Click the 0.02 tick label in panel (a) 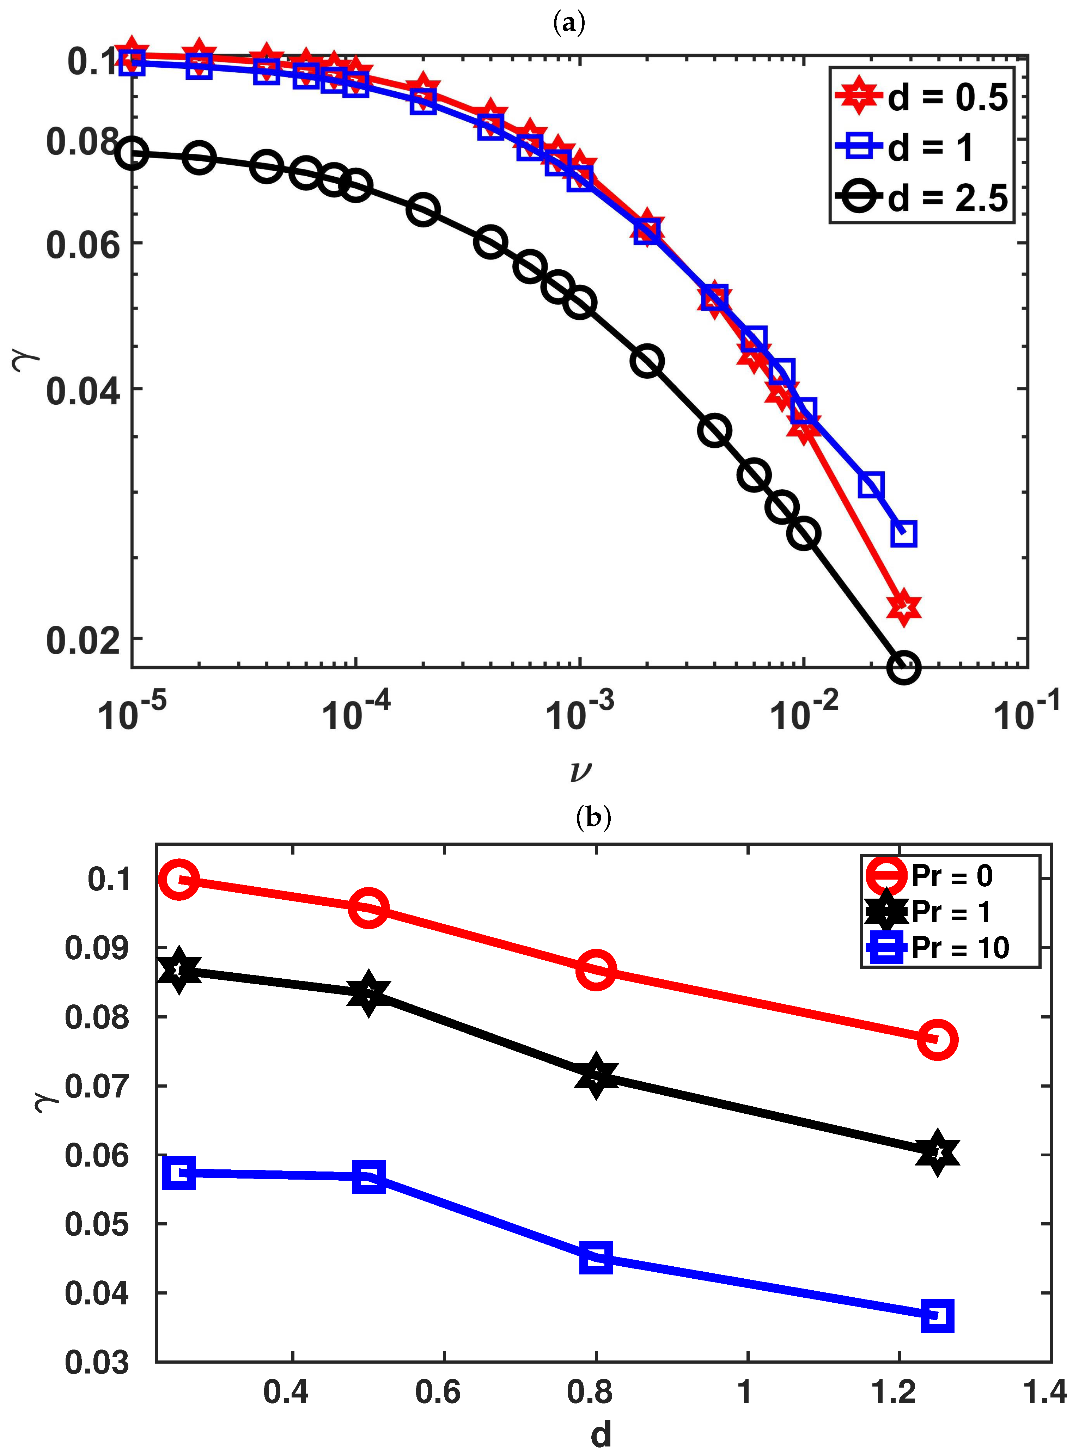point(84,640)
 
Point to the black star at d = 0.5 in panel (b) point(368,993)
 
